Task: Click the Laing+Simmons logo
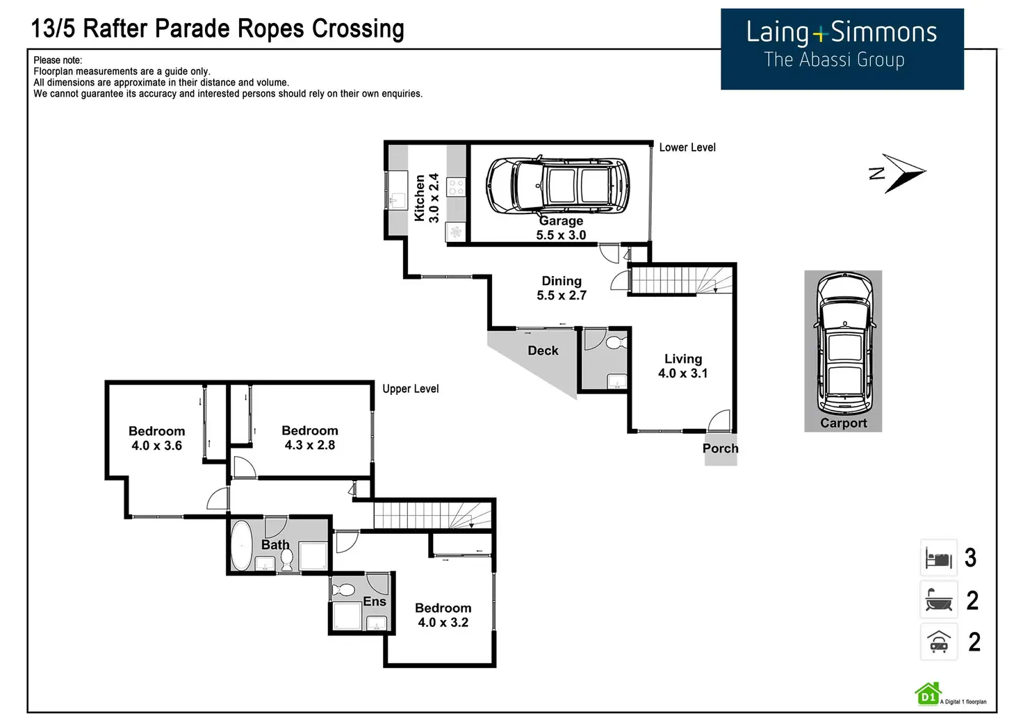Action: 842,48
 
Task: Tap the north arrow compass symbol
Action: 899,172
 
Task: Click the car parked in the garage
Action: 557,186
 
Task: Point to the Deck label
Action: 543,351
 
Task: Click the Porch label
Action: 720,448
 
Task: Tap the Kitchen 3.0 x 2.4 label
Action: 427,198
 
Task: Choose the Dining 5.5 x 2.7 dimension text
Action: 562,289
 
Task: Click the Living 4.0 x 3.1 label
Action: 683,366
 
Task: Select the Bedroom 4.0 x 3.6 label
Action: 157,439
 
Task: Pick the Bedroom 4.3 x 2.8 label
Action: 310,438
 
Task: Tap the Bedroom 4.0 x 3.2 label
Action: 443,615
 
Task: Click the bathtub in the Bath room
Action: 241,546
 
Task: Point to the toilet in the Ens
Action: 343,590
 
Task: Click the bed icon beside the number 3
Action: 938,558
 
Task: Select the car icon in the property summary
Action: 938,642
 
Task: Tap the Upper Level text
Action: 411,389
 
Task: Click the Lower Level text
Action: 687,147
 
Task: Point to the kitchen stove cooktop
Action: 456,186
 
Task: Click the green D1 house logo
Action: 928,694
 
